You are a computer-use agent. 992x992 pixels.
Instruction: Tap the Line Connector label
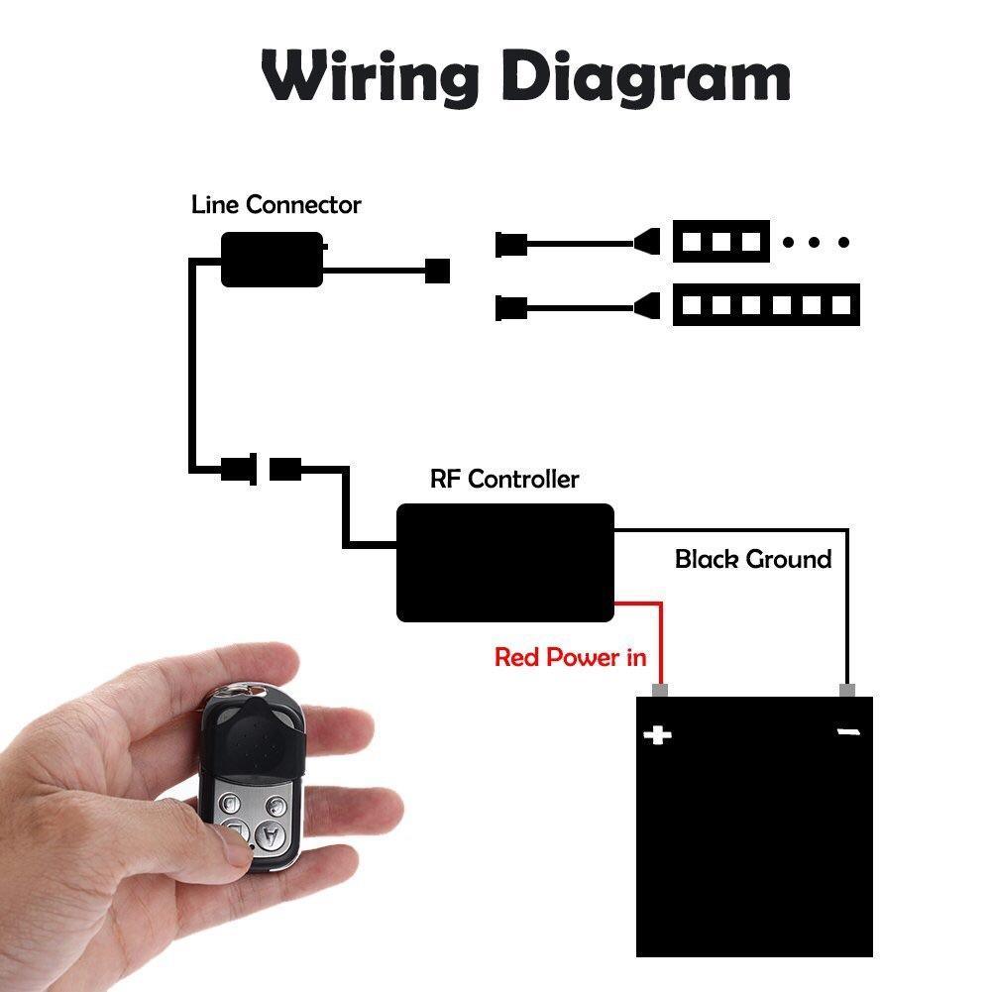pyautogui.click(x=276, y=205)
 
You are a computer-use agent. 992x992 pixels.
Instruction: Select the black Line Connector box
pyautogui.click(x=272, y=260)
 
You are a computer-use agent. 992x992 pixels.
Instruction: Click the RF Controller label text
pyautogui.click(x=503, y=480)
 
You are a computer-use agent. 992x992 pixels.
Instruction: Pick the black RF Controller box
pyautogui.click(x=504, y=562)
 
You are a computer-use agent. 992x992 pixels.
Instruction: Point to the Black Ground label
pyautogui.click(x=752, y=559)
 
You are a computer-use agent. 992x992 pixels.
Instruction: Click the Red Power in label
pyautogui.click(x=570, y=656)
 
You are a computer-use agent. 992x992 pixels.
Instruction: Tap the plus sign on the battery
pyautogui.click(x=657, y=734)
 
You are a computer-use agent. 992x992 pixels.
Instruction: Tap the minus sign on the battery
pyautogui.click(x=848, y=732)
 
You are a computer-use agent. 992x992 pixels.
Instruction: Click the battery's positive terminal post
pyautogui.click(x=660, y=690)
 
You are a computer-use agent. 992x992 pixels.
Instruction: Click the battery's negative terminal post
pyautogui.click(x=846, y=690)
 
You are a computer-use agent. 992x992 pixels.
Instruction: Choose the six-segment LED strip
pyautogui.click(x=765, y=304)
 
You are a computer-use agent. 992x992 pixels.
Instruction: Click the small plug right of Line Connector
pyautogui.click(x=437, y=270)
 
